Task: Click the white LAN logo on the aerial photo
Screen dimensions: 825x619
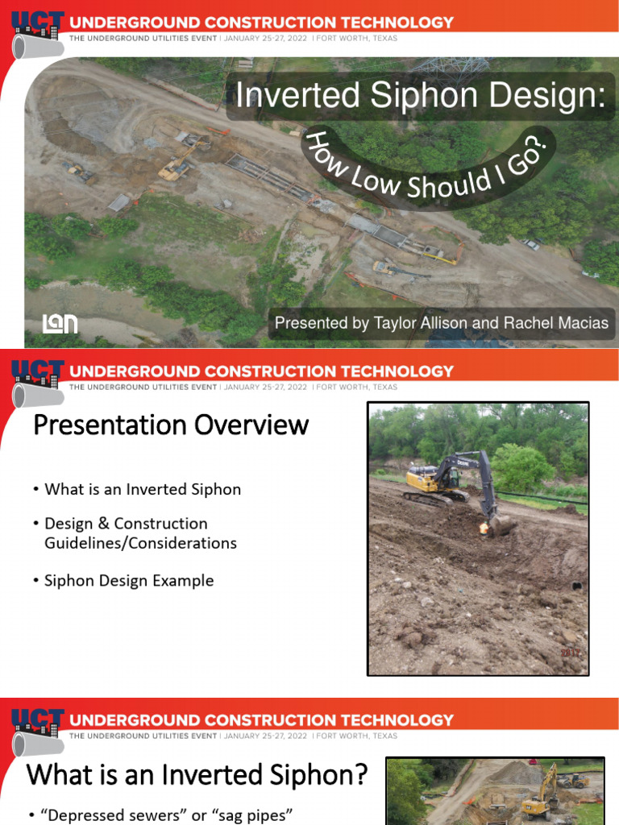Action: click(60, 323)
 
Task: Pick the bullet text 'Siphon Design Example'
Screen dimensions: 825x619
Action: click(129, 580)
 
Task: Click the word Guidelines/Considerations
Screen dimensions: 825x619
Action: click(140, 543)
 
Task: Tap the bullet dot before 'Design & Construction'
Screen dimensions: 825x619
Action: click(36, 524)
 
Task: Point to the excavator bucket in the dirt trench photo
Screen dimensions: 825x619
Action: click(500, 524)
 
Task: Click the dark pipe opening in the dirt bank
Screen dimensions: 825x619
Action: click(573, 585)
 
